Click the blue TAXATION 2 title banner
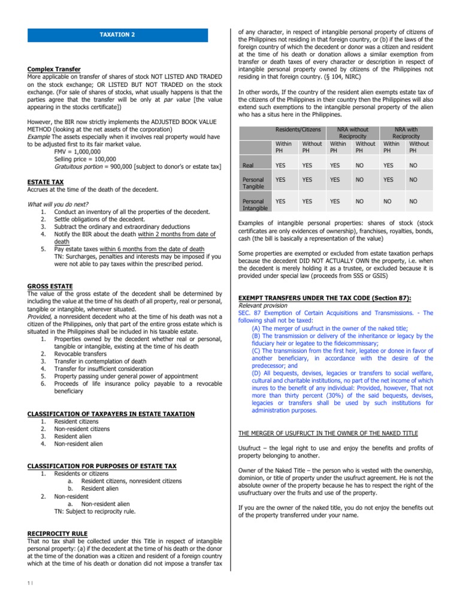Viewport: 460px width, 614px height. (x=117, y=35)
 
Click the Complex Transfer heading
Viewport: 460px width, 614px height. (x=54, y=70)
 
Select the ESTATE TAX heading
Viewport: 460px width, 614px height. (x=46, y=182)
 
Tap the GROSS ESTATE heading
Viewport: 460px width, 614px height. (x=50, y=287)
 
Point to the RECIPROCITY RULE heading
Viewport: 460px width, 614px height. (x=57, y=533)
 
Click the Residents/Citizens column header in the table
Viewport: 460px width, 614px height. (x=298, y=130)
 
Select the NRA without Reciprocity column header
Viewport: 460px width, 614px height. (x=352, y=133)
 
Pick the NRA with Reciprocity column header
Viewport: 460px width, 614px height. (x=405, y=133)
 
